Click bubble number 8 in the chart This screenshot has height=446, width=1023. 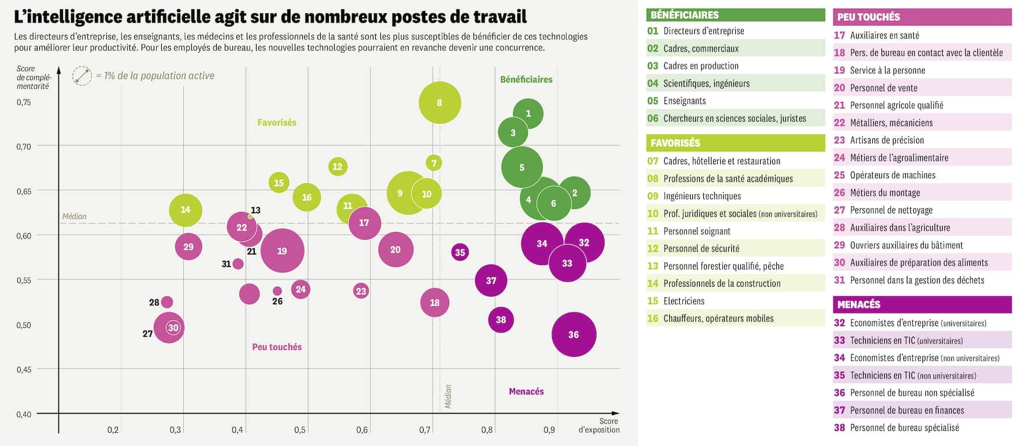439,102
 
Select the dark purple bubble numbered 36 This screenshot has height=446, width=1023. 573,334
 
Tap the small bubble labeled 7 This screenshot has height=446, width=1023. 434,163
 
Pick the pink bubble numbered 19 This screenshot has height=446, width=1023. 282,250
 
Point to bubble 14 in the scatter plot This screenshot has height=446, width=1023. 186,209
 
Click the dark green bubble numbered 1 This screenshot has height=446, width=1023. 528,113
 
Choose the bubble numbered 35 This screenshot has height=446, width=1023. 459,252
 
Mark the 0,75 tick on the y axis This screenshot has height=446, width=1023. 24,102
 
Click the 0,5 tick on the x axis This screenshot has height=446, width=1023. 299,430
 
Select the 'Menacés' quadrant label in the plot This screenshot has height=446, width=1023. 526,392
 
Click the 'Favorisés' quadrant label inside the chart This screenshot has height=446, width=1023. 277,123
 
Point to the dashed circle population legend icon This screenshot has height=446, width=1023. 82,76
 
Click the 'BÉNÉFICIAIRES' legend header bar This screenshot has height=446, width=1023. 735,15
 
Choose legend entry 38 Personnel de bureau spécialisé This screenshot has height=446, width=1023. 904,428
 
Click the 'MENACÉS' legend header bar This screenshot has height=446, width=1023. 921,304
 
